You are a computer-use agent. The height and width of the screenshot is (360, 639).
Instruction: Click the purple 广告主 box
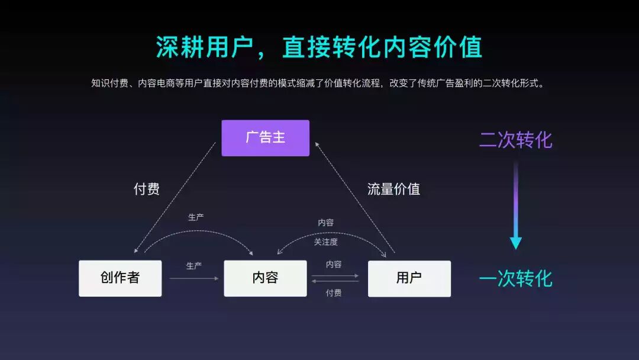(x=265, y=138)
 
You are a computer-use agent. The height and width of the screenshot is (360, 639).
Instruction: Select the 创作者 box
(x=120, y=278)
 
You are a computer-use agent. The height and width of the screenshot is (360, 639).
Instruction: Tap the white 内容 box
(x=265, y=278)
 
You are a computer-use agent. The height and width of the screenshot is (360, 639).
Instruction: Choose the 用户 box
(x=409, y=278)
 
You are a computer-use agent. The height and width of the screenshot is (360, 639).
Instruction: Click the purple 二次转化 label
(x=515, y=140)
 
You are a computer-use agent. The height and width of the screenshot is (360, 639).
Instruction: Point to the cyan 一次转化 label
(x=515, y=278)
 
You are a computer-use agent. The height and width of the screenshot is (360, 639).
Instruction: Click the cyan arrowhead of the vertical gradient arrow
(x=516, y=243)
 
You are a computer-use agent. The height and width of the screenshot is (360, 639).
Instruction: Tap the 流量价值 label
(x=393, y=189)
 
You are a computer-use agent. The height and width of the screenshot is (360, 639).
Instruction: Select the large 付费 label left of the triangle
(x=146, y=189)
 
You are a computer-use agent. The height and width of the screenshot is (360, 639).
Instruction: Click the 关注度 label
(x=326, y=242)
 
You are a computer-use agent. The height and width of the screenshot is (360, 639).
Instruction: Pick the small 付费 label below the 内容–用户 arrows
(x=334, y=292)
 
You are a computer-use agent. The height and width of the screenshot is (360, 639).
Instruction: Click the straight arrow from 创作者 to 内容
(x=193, y=278)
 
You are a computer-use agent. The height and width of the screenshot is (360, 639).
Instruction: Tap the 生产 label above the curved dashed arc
(x=196, y=217)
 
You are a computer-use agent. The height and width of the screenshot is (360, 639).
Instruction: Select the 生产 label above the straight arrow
(x=194, y=266)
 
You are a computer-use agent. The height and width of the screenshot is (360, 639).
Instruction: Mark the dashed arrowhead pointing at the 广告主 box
(x=317, y=144)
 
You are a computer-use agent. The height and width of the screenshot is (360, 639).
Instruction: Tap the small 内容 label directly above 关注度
(x=326, y=223)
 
